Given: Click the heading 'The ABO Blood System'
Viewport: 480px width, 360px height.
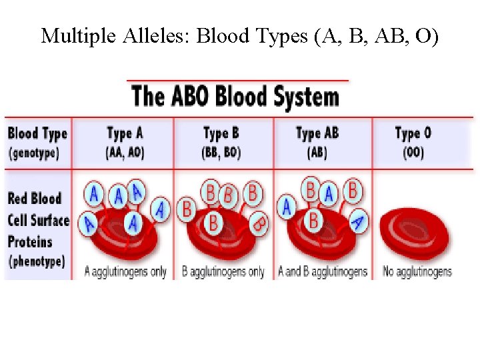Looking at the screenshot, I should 235,97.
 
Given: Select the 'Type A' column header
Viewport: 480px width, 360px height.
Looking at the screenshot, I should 125,133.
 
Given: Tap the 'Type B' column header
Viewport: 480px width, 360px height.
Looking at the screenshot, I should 221,133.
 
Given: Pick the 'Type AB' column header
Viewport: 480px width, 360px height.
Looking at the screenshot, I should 317,133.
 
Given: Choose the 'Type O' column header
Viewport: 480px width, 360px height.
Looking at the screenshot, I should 413,133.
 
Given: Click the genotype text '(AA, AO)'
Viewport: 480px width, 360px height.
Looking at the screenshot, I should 125,152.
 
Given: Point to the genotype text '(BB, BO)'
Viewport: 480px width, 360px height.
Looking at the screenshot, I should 221,152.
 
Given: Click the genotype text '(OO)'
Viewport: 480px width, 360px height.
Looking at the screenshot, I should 413,152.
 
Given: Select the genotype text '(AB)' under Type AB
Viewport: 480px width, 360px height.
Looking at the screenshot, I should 317,152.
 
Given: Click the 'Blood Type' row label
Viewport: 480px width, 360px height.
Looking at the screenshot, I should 37,133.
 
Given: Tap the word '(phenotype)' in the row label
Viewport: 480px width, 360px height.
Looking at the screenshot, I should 37,261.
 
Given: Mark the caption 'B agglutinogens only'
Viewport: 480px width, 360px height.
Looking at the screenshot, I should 223,271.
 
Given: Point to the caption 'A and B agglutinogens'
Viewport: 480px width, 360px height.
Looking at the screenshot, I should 323,271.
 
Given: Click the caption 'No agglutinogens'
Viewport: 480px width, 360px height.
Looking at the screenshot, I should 417,271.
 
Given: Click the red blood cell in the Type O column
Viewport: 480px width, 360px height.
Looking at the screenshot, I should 414,233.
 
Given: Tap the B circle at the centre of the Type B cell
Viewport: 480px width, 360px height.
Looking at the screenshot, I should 213,223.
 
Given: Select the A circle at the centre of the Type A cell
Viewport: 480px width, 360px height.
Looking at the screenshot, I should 134,223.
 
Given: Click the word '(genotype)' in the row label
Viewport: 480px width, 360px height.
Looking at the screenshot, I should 34,152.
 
